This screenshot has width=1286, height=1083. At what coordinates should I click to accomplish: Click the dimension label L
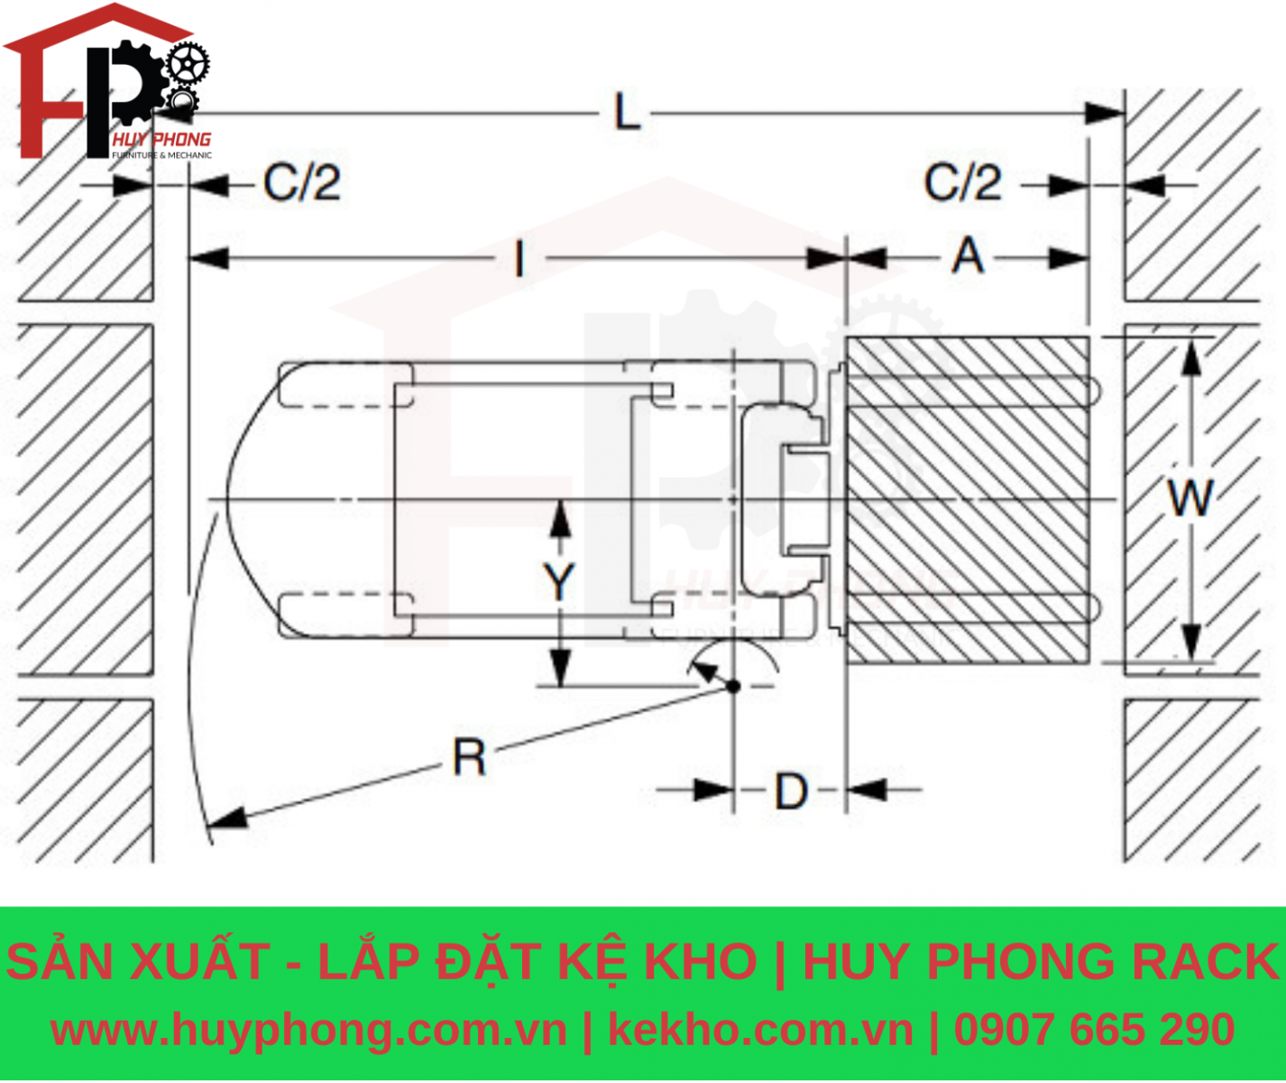pos(627,114)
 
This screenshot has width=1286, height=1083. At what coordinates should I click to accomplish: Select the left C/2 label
pos(302,183)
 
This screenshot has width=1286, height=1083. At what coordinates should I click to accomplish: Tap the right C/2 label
pos(962,183)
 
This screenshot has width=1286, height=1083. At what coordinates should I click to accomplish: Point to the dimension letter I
pos(519,260)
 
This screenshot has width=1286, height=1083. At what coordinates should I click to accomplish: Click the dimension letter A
pos(968,255)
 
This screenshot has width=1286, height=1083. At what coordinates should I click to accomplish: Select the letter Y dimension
pos(559,581)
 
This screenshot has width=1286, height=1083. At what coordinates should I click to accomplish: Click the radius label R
pos(469,757)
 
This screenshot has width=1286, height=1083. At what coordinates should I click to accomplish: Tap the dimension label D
pos(792,791)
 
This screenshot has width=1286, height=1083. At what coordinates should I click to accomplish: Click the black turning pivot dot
pos(733,686)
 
